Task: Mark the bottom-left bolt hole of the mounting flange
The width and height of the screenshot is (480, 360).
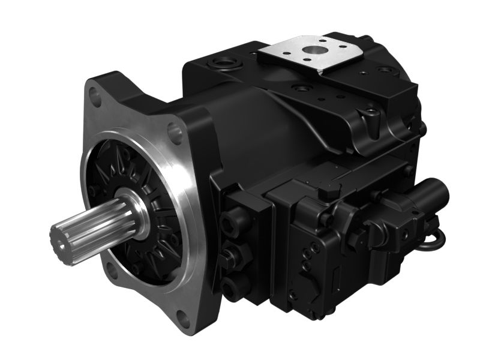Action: (x=112, y=271)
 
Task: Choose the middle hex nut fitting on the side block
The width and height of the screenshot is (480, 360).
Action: (x=230, y=259)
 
